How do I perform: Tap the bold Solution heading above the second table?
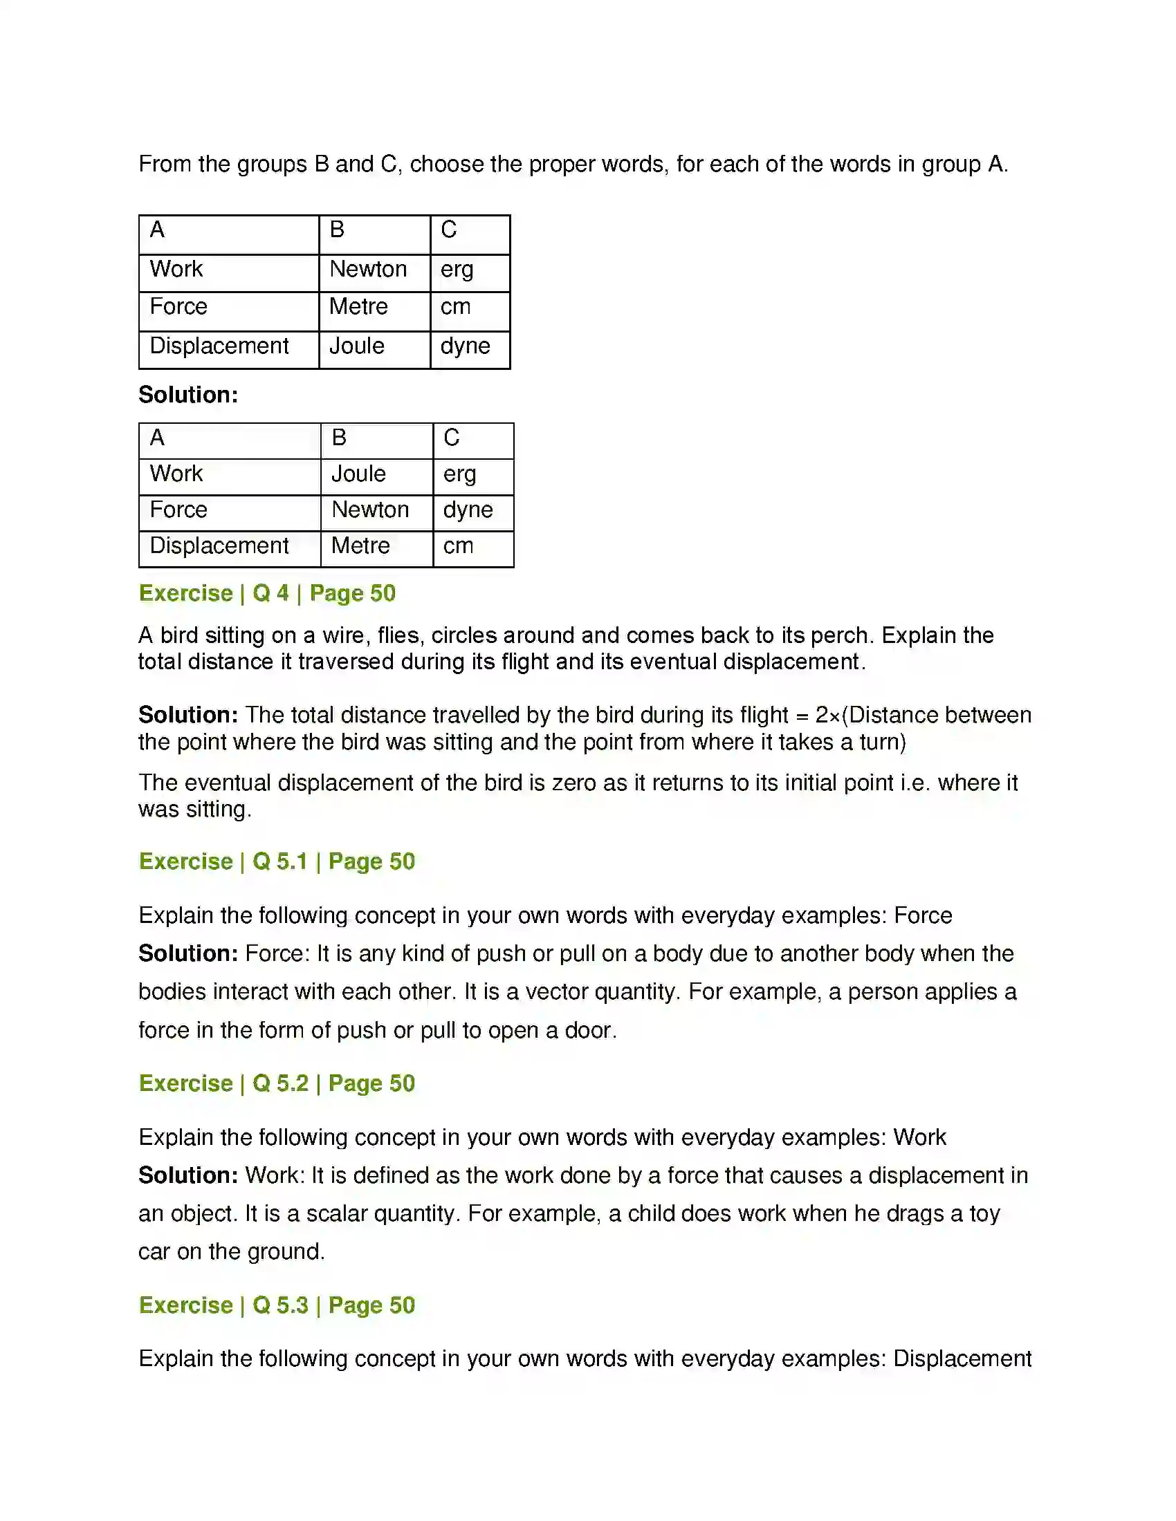[188, 395]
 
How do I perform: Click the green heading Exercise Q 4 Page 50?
[267, 593]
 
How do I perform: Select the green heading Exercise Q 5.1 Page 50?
[277, 861]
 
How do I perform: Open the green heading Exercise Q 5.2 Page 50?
[277, 1083]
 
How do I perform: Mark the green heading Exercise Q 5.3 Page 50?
[277, 1305]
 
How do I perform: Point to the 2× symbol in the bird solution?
[828, 716]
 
